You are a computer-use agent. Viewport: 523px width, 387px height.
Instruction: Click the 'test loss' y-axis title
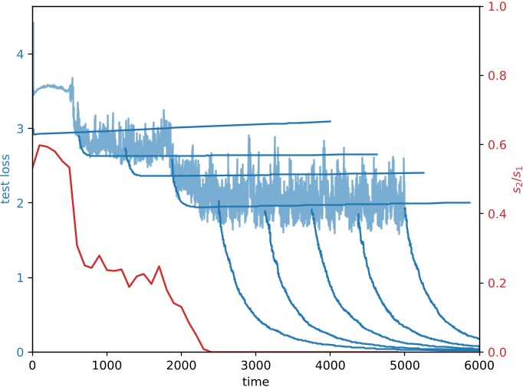coord(7,179)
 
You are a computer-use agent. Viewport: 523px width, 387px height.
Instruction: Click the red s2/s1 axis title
coord(515,179)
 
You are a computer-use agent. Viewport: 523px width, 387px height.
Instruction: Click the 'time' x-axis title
coord(255,380)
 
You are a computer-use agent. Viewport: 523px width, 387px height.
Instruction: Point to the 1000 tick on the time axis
coord(107,365)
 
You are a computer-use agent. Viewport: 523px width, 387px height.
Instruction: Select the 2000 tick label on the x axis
coord(181,365)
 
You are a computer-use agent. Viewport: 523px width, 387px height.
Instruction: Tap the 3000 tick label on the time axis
coord(255,365)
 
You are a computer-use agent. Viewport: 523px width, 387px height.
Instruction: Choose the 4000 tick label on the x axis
coord(330,365)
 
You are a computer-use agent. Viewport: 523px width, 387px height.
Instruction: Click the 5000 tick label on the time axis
coord(404,365)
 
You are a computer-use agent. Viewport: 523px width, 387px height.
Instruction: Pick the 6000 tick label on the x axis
coord(479,365)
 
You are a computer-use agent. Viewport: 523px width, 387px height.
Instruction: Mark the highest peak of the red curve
coord(40,145)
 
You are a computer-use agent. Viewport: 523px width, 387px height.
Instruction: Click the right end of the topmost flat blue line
coord(331,121)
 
